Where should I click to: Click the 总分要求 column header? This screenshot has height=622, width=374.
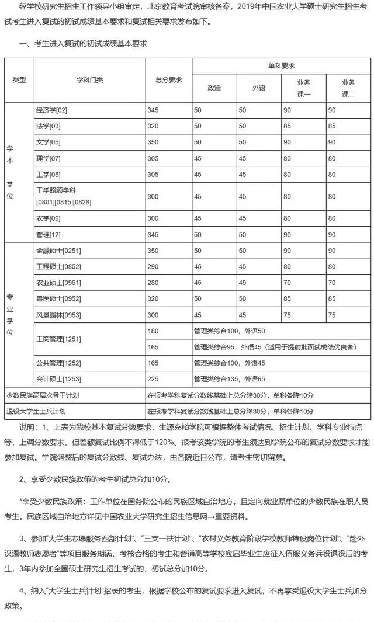(x=168, y=80)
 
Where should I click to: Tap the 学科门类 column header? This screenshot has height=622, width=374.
(x=90, y=80)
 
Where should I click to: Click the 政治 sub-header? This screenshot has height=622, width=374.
(x=214, y=88)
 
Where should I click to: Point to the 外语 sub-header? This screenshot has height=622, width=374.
(x=259, y=88)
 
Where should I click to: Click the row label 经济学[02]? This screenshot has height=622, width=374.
(x=52, y=110)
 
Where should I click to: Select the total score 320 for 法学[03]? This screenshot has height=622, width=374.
(x=153, y=126)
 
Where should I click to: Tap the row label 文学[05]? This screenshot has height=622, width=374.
(x=48, y=142)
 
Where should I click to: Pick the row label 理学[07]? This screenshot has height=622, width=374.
(x=48, y=158)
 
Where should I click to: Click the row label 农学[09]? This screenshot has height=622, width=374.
(x=48, y=218)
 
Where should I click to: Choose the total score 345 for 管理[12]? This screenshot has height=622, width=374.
(x=153, y=234)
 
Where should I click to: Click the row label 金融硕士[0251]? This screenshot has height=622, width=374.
(x=58, y=251)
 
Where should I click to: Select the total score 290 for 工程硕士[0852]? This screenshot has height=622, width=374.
(x=153, y=266)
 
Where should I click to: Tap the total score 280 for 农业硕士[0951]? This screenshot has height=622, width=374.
(x=153, y=283)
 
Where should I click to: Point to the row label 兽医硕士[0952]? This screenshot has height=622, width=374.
(x=58, y=298)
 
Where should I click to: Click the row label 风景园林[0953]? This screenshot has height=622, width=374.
(x=58, y=315)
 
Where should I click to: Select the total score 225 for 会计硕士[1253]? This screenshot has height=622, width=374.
(x=153, y=379)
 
